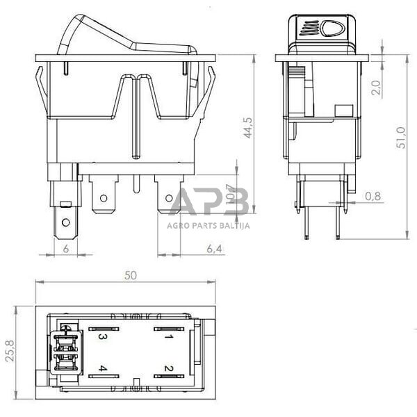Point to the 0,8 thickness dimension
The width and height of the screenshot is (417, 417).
[373, 197]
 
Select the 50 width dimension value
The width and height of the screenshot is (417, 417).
[130, 275]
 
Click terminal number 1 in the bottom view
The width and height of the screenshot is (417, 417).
[167, 336]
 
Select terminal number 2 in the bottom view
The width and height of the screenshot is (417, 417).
[167, 368]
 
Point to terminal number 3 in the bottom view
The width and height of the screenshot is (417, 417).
[102, 337]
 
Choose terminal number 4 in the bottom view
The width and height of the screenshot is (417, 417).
[102, 368]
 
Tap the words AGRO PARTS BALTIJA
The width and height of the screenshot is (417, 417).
[208, 225]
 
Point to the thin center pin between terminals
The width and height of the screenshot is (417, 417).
[137, 183]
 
